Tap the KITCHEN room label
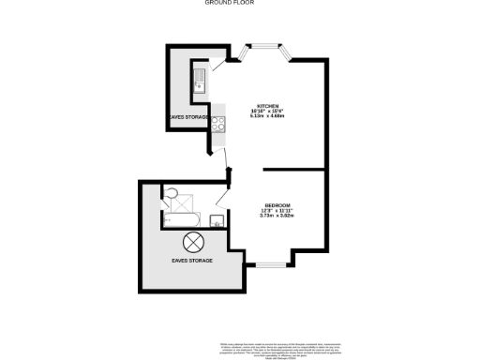pos(271,104)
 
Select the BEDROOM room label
pos(277,204)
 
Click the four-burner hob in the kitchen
pos(218,124)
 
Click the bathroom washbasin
pos(217,221)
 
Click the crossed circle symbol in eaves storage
pos(192,241)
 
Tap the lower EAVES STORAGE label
pos(191,260)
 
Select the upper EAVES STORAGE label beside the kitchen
pos(187,117)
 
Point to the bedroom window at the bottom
pos(271,266)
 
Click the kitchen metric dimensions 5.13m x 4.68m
pos(271,117)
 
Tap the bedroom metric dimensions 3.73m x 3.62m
pos(277,217)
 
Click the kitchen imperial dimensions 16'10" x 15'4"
pos(271,111)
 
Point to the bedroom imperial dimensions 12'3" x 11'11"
pos(277,210)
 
